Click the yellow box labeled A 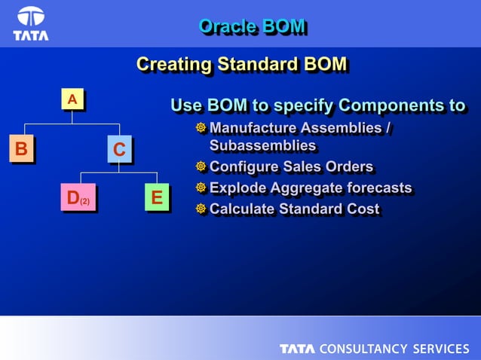tap(72, 99)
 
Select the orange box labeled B tap(21, 148)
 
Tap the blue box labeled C tap(119, 150)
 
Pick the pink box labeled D tap(78, 198)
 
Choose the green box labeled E tap(156, 198)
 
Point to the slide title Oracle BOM tap(252, 26)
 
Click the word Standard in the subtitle tap(254, 65)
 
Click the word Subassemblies tap(262, 145)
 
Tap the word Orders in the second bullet tap(346, 166)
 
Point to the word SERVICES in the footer tap(440, 349)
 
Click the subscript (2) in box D tap(85, 202)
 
